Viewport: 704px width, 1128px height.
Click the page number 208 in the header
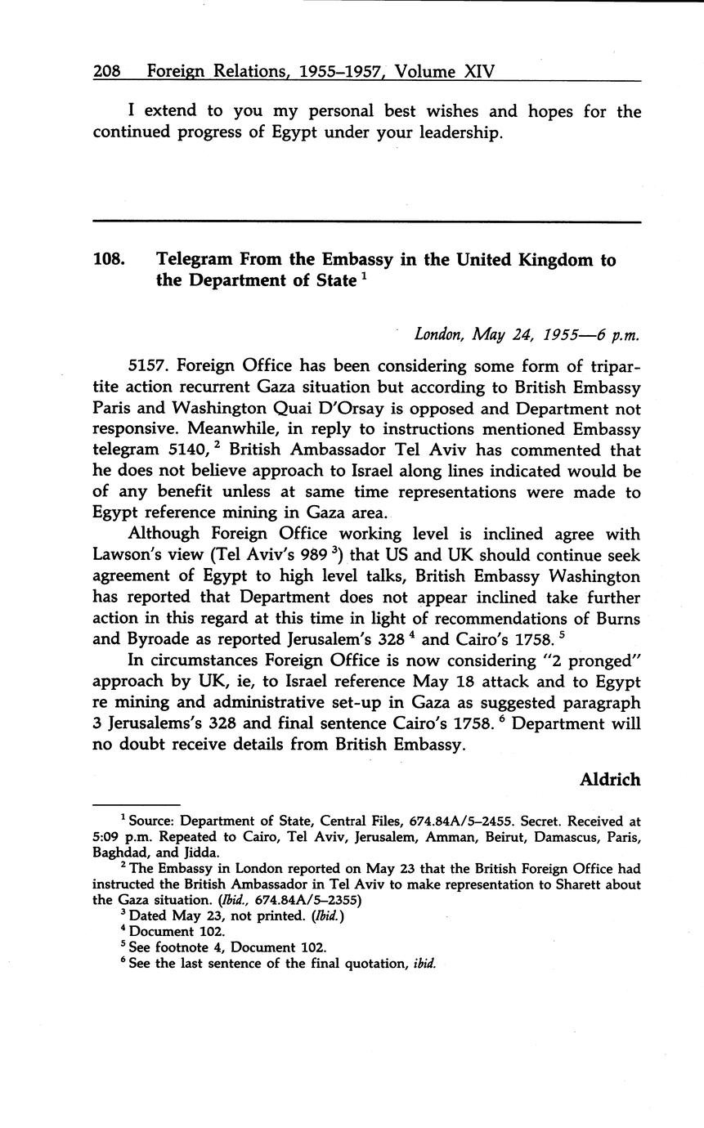(107, 72)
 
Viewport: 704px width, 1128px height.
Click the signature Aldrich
(610, 779)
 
